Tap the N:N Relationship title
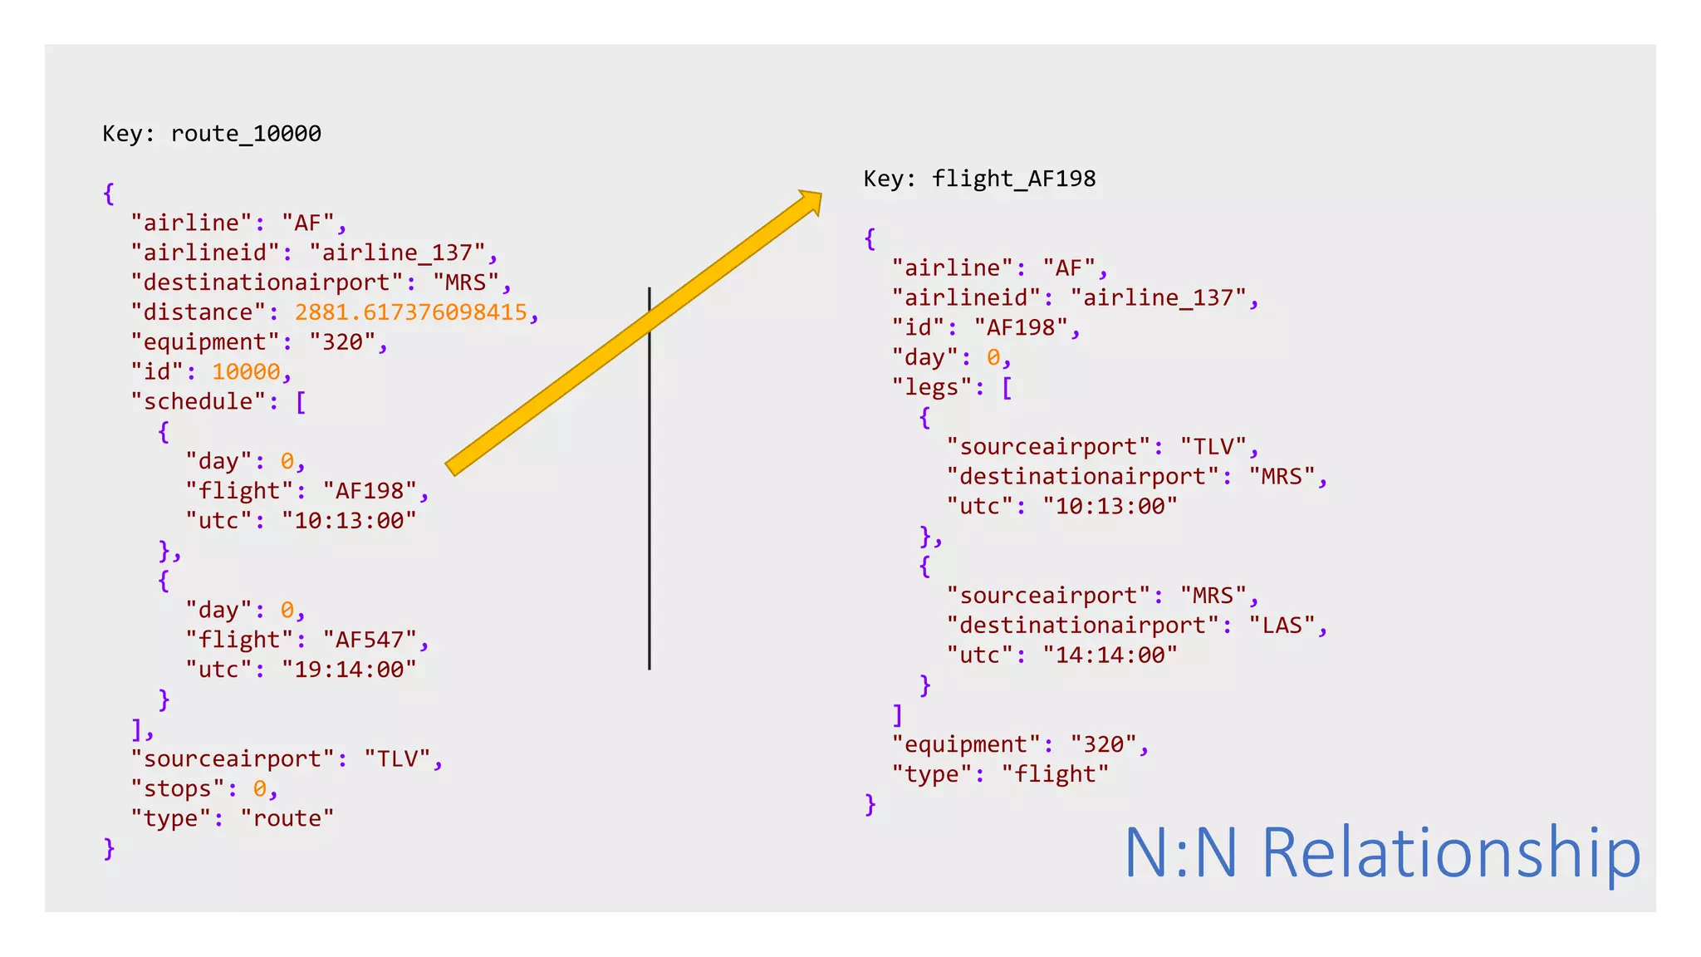click(1382, 852)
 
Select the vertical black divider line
click(650, 498)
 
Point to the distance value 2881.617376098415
click(411, 312)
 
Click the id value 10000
click(246, 372)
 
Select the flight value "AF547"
click(369, 640)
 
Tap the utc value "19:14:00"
click(349, 670)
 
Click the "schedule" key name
click(198, 402)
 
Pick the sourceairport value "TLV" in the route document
click(397, 759)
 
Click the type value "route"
click(287, 819)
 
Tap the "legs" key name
click(931, 388)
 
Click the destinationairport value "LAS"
click(1282, 626)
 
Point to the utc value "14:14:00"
click(1110, 655)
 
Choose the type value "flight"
click(1055, 774)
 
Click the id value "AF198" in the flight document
click(1021, 328)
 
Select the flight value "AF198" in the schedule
click(369, 491)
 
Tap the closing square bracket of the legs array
click(898, 714)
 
